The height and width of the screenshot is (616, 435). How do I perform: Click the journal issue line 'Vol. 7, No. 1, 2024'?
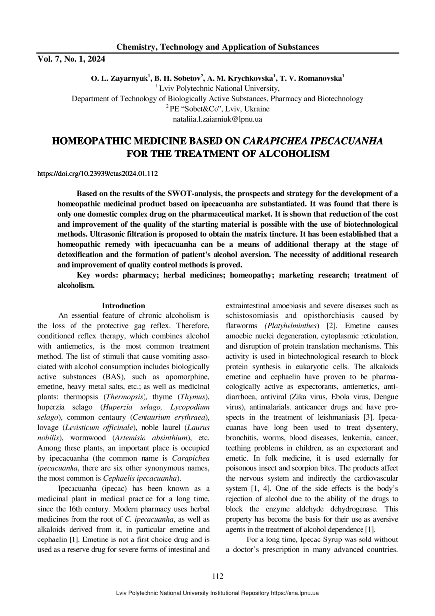72,59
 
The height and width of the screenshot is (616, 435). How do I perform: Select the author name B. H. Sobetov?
181,78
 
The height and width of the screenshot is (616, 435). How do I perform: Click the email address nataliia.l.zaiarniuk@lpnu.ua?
217,119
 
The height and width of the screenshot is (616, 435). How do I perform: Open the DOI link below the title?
98,174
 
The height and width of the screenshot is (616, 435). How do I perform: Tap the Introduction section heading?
123,306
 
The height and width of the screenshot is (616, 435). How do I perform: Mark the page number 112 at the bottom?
217,576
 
